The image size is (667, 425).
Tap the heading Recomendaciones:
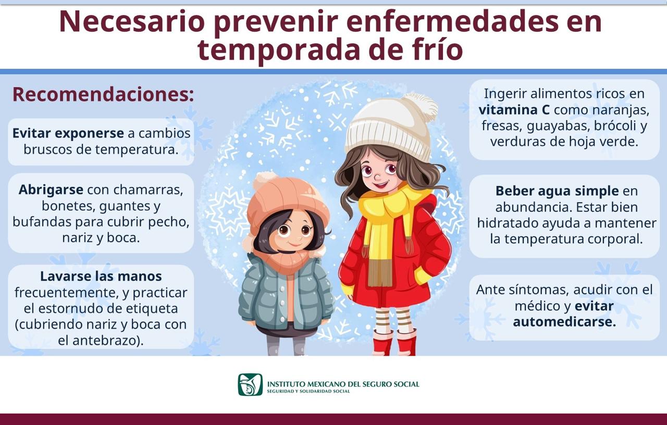[x=103, y=94]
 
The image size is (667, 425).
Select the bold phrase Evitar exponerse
[x=68, y=133]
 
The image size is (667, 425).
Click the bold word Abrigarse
[x=51, y=190]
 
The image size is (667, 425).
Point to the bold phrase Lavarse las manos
[x=101, y=276]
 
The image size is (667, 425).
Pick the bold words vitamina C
[x=514, y=110]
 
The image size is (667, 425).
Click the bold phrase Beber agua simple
[x=557, y=191]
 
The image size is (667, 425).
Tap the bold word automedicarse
[x=564, y=322]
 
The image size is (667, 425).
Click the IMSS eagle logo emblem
[x=250, y=384]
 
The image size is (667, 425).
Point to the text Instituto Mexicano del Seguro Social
[x=343, y=384]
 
